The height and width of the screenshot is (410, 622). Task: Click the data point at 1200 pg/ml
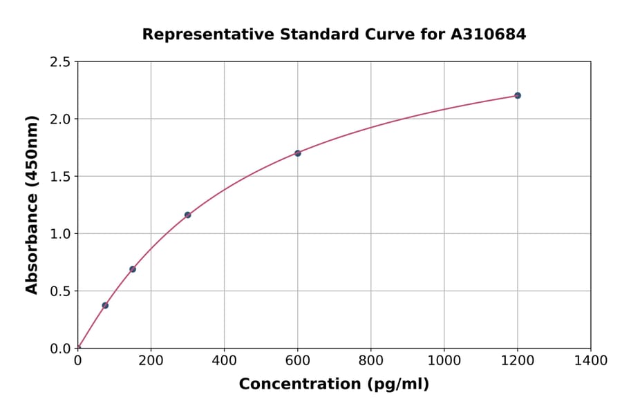517,95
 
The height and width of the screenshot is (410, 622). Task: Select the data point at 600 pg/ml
298,153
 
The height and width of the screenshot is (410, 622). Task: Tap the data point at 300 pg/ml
188,215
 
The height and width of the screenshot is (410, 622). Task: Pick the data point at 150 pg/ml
133,269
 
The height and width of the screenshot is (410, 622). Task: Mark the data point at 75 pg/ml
105,305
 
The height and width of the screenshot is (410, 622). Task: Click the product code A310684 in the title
489,34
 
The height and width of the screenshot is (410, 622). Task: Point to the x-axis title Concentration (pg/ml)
334,384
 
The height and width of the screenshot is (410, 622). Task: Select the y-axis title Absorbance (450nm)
32,204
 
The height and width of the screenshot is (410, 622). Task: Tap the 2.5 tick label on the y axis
60,62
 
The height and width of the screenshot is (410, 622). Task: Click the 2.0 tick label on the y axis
60,119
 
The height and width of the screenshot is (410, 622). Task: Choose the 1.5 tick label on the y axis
60,177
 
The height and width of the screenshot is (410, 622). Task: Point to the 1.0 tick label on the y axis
60,234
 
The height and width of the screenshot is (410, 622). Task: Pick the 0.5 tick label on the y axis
60,291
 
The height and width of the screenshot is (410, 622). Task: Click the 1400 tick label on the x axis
590,360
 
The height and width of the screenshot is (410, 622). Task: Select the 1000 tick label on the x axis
444,360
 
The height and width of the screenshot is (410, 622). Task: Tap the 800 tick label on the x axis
370,360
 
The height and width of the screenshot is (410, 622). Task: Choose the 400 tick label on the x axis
224,360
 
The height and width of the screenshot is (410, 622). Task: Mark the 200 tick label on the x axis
151,360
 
